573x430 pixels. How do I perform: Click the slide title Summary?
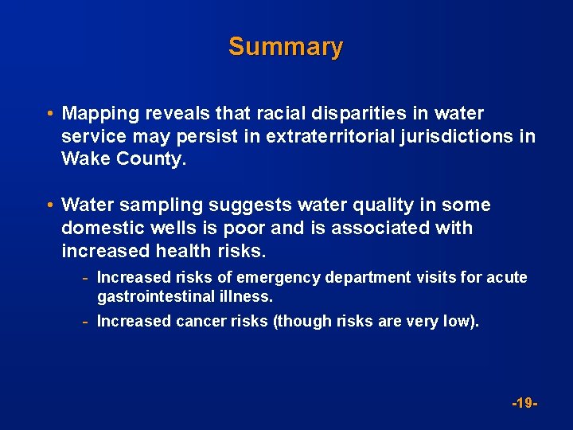[286, 46]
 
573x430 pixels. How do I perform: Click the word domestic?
[99, 229]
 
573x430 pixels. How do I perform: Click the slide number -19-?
[525, 404]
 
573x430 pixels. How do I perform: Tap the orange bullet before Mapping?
[50, 114]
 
